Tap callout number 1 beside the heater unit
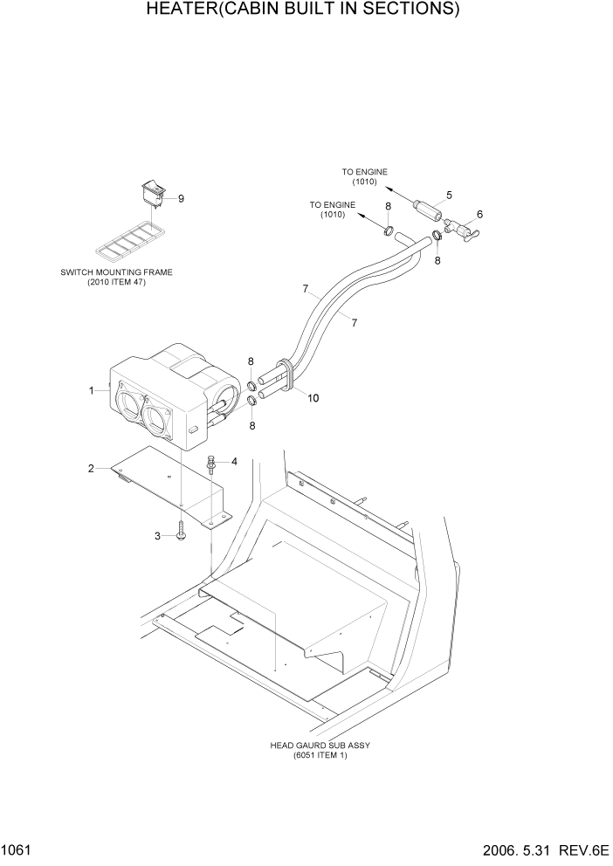tap(91, 391)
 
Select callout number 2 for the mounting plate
tap(91, 469)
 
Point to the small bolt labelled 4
tap(210, 465)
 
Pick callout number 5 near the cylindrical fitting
tap(449, 195)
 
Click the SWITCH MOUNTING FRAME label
tap(116, 272)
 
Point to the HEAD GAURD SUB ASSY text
tap(320, 746)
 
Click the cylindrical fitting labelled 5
tap(427, 210)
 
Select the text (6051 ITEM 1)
tap(320, 755)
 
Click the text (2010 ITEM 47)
tap(116, 282)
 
